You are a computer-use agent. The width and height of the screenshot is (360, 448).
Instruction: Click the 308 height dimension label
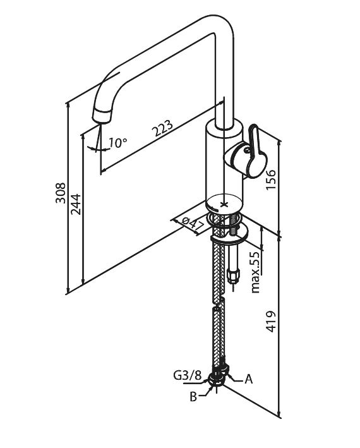60,193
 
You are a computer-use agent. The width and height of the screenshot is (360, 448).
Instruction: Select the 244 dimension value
76,204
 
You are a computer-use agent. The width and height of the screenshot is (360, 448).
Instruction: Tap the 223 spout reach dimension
162,128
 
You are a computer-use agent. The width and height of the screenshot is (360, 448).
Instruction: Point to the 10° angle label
117,142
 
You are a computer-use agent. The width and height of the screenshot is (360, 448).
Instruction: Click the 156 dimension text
271,179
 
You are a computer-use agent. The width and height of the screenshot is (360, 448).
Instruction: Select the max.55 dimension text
256,272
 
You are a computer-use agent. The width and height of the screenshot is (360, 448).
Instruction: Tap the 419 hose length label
271,322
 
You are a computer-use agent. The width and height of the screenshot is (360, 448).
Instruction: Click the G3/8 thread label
188,375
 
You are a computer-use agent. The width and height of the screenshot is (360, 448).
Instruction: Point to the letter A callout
249,379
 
